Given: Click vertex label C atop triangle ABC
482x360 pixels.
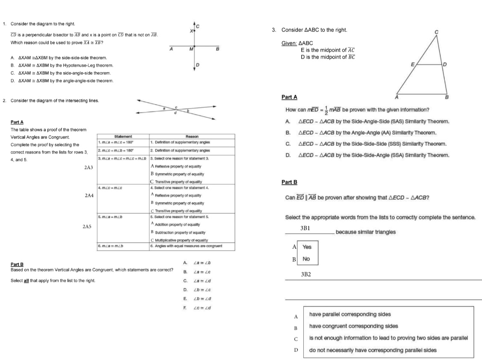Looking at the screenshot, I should point(436,32).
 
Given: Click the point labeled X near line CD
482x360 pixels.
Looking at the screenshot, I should point(191,31).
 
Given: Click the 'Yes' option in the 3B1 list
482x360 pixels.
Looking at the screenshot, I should point(307,247).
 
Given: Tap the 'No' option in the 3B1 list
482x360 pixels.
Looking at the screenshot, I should point(306,259).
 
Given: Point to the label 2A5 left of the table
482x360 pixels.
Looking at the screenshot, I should point(86,226).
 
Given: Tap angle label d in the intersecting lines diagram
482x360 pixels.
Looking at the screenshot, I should point(176,113).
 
